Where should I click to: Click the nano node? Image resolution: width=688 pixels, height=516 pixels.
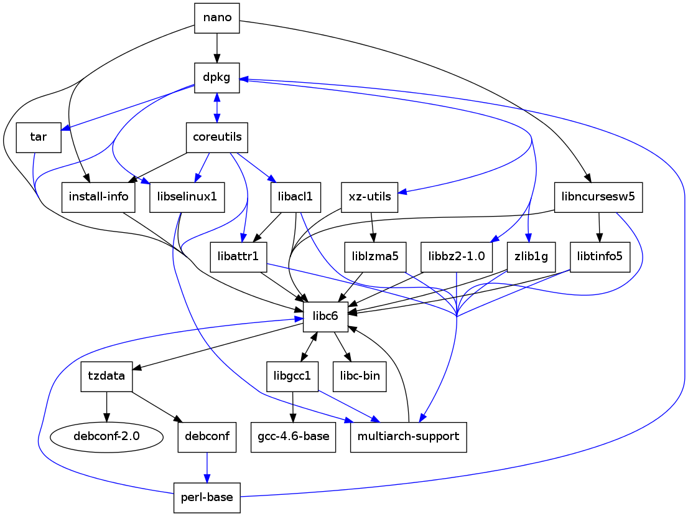[x=217, y=17]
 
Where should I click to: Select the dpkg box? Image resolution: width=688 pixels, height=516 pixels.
[x=216, y=78]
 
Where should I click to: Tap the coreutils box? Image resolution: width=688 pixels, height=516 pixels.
[x=217, y=138]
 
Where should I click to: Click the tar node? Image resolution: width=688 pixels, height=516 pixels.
[x=38, y=138]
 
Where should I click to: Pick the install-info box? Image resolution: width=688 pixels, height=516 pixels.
[x=99, y=197]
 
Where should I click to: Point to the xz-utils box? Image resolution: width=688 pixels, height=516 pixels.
[x=370, y=197]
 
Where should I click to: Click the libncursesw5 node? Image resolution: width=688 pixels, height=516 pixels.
[x=598, y=197]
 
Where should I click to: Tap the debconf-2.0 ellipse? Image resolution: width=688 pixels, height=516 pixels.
[x=106, y=436]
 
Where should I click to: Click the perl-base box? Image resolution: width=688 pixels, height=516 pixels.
[x=207, y=497]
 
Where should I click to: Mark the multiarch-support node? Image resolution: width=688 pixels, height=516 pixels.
[x=408, y=436]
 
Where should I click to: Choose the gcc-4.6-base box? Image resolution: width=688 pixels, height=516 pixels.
[x=293, y=436]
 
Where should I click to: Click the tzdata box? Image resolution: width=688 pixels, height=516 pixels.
[x=106, y=376]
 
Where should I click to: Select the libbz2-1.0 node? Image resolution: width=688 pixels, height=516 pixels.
[x=457, y=256]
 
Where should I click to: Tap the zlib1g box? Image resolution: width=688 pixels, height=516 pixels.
[x=531, y=256]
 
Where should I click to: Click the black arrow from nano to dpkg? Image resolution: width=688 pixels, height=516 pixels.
[x=217, y=47]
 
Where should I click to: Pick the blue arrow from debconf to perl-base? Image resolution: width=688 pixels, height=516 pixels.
[x=207, y=467]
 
